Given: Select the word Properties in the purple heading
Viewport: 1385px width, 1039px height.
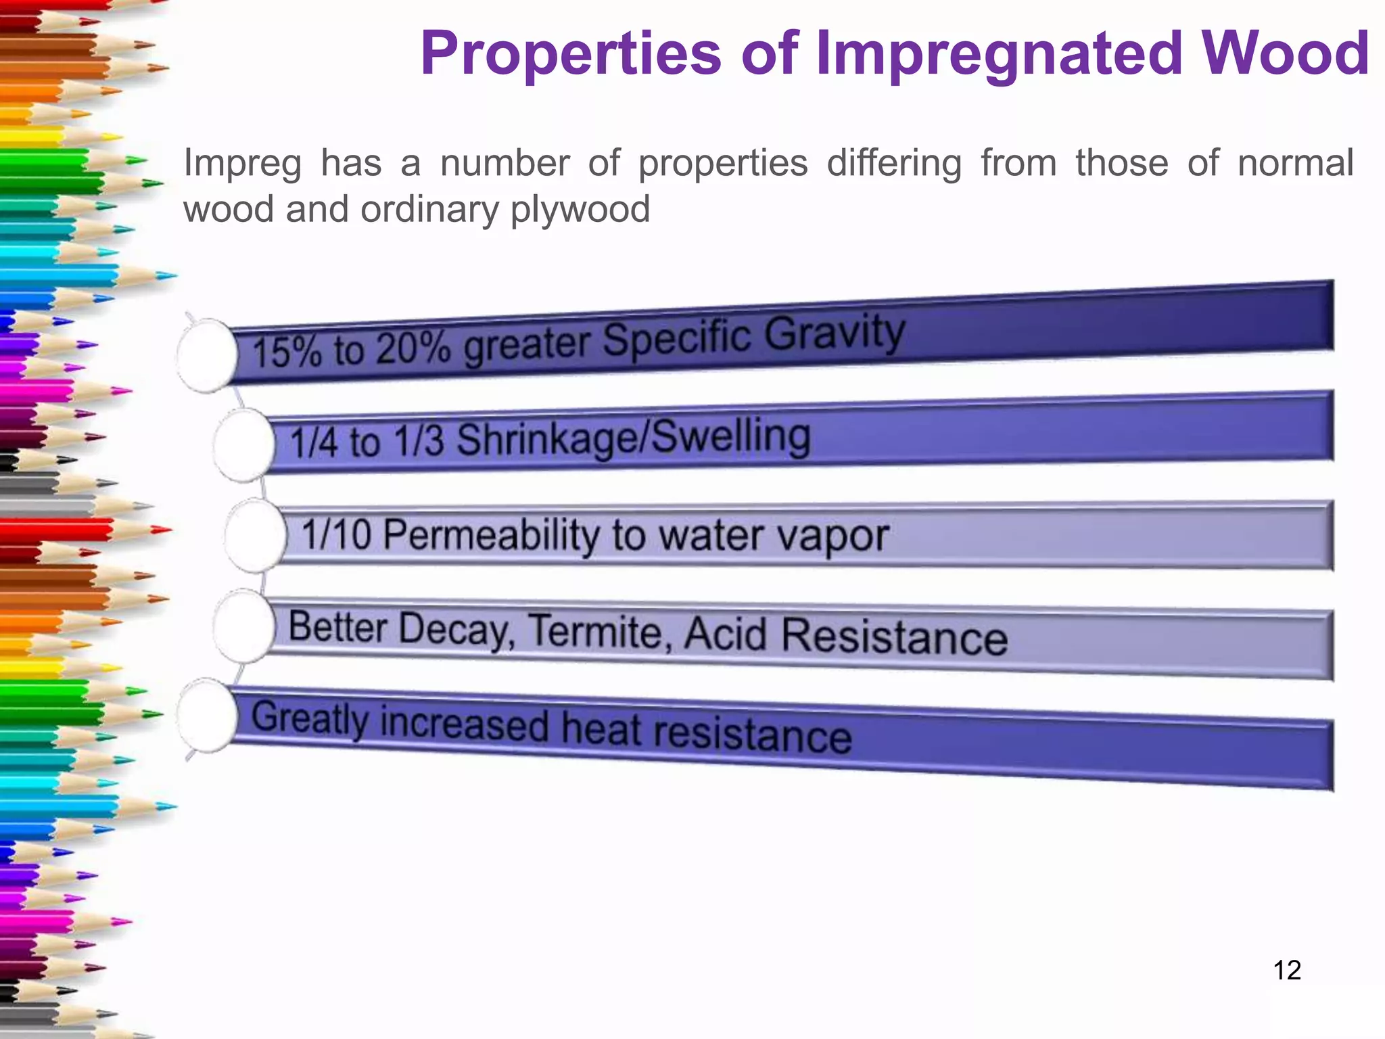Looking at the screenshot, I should pos(571,54).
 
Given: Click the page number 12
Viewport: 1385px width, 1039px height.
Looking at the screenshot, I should pos(1286,970).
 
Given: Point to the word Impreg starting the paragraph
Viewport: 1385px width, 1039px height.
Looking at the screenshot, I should pos(242,164).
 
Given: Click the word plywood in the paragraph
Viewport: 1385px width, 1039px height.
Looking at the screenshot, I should pos(580,209).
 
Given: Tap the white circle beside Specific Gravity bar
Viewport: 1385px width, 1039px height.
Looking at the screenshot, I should pos(206,355).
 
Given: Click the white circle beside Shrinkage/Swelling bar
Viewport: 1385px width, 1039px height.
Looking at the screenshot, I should pos(243,445).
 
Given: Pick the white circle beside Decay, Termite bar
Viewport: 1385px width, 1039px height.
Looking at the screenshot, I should pos(243,626).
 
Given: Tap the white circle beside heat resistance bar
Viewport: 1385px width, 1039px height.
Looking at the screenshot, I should pos(206,716).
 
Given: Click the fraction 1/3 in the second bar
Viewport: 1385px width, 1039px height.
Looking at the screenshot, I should pos(419,441).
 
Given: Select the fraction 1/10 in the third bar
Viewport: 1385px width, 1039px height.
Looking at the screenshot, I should pos(336,534).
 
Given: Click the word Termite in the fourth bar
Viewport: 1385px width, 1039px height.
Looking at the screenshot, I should pos(599,632).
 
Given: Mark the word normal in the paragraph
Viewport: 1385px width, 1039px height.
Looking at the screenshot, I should pos(1295,164).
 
